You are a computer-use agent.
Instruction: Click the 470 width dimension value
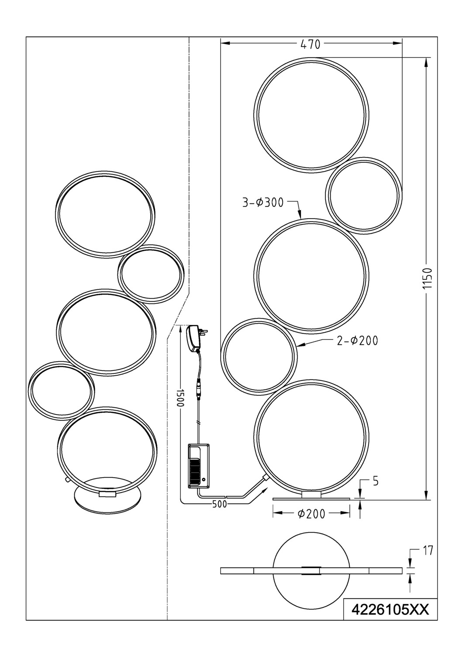(310, 44)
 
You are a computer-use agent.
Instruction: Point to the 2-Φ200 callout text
(357, 341)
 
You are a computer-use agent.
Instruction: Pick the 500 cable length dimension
(219, 504)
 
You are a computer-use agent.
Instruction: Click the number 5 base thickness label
(376, 482)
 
